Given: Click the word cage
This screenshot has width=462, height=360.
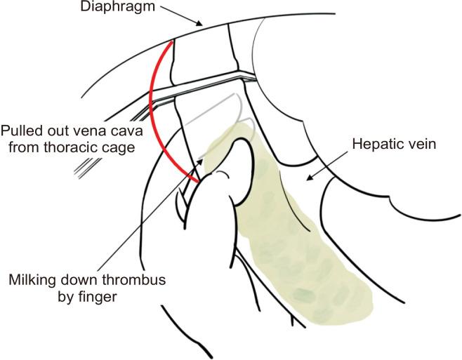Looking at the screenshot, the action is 117,149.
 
